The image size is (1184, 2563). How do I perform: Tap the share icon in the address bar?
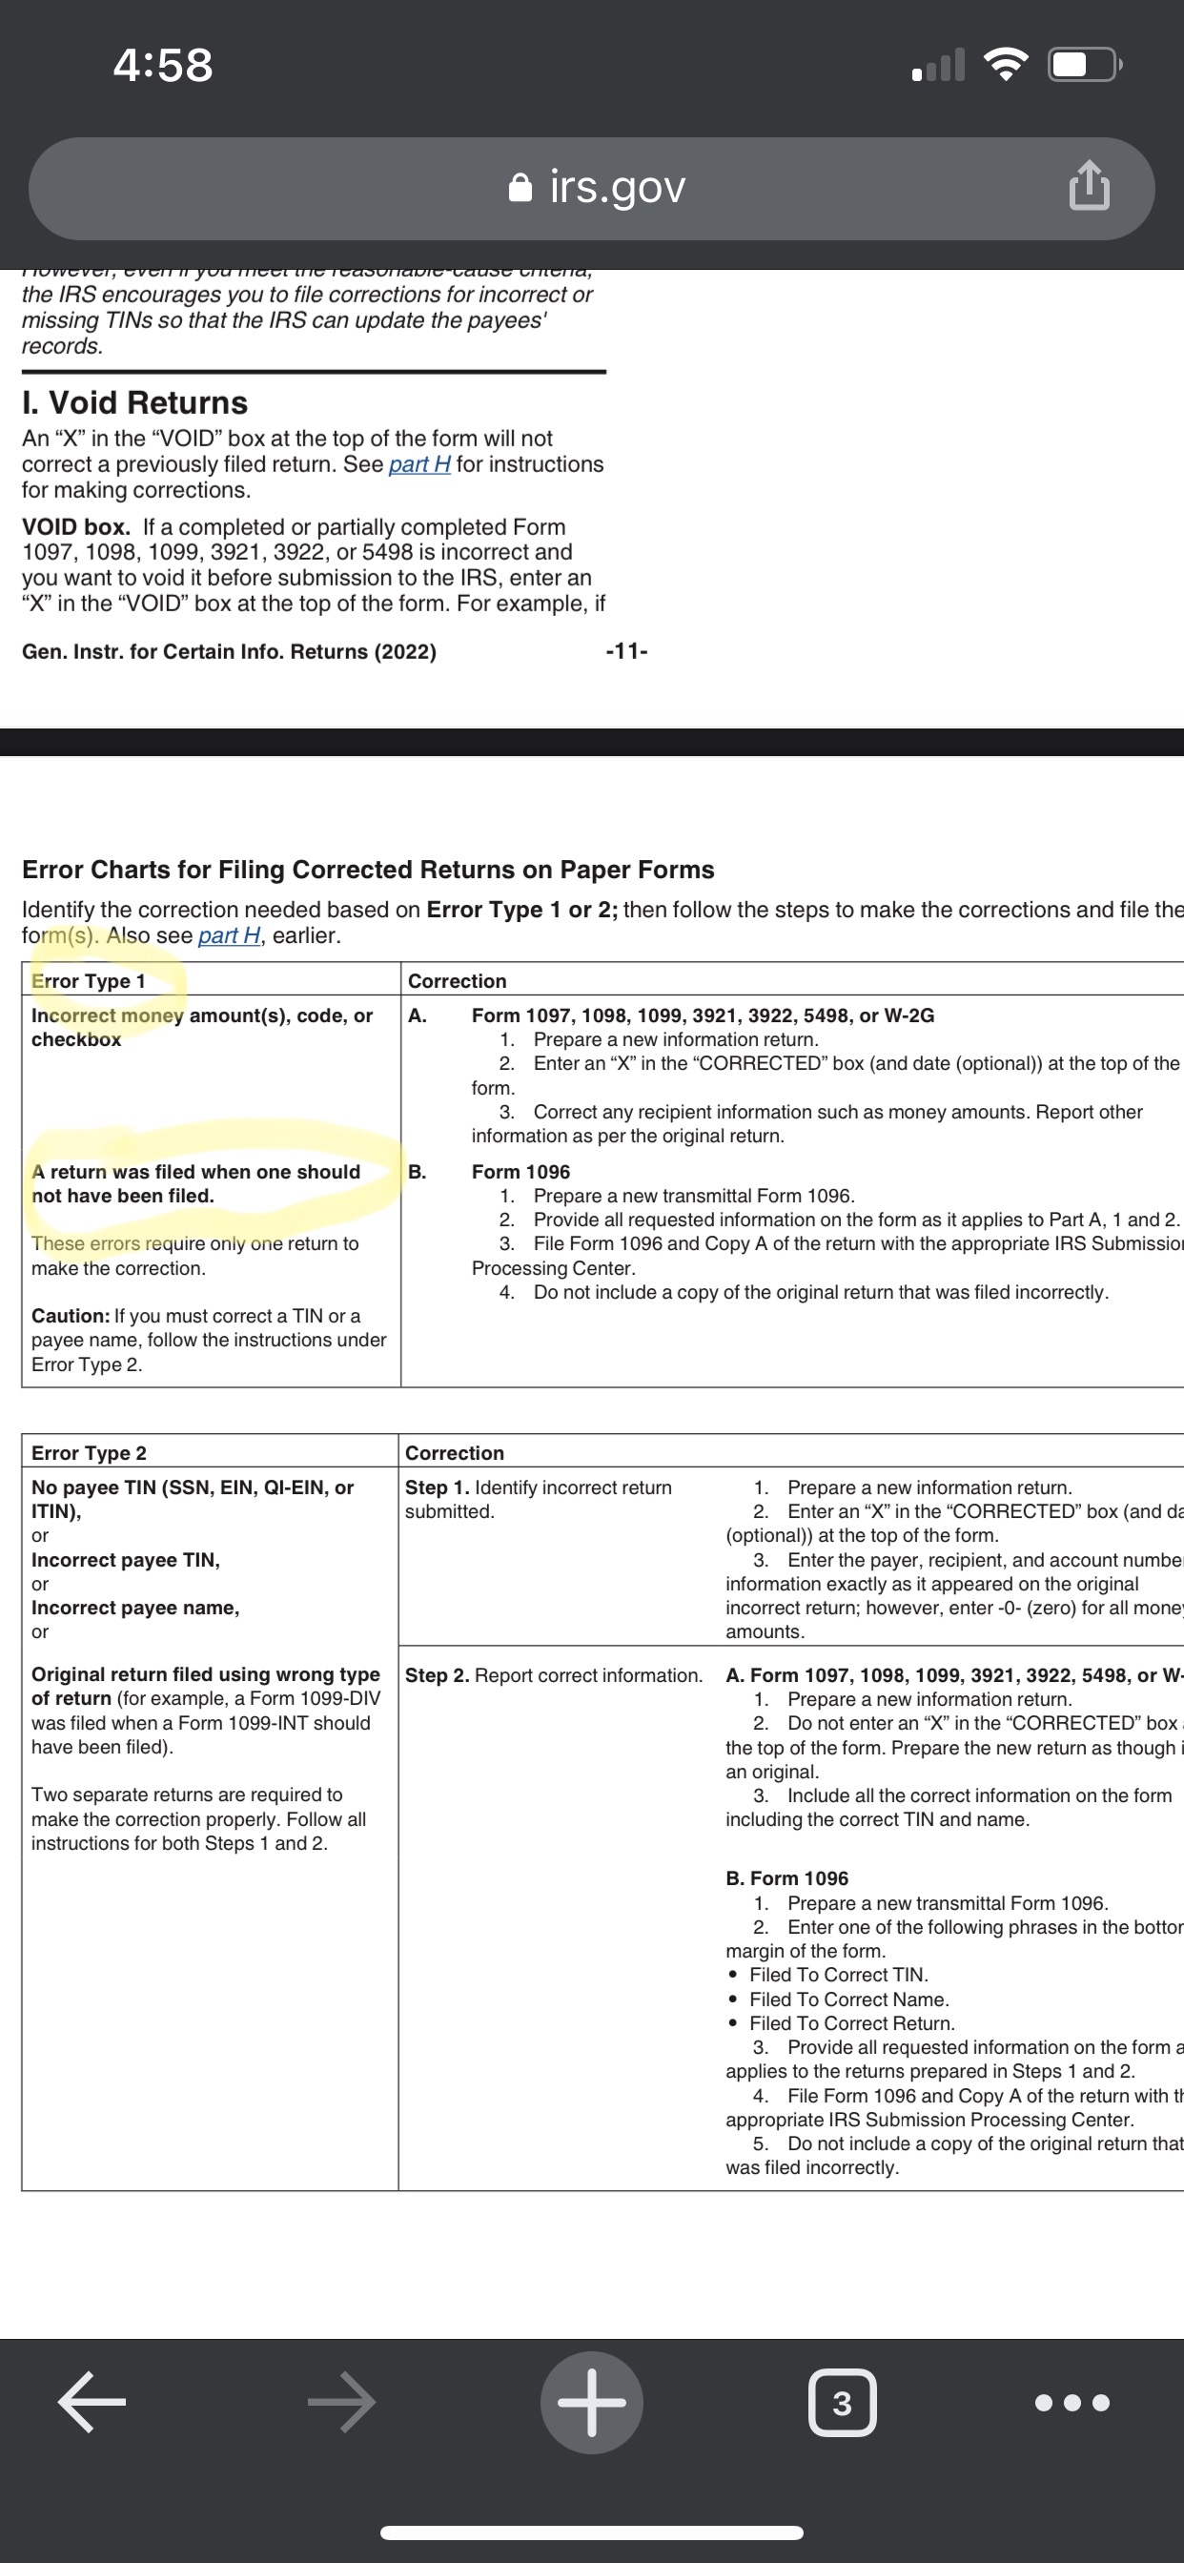1089,186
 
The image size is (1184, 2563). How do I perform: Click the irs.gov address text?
617,187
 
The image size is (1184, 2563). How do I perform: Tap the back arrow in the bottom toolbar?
92,2402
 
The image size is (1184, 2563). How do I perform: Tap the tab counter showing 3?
842,2403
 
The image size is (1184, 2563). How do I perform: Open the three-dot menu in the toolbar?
1072,2403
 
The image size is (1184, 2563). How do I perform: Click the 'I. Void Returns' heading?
134,403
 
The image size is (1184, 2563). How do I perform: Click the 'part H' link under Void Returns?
418,464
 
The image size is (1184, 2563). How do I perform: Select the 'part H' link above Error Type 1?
229,935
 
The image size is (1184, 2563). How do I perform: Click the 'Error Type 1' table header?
89,981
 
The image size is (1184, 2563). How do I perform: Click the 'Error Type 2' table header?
89,1452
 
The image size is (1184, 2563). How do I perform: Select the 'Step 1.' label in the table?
437,1487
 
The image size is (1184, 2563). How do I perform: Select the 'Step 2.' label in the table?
437,1675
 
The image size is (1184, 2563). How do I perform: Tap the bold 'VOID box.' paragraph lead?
75,527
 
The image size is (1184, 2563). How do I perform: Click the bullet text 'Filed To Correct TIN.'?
838,1975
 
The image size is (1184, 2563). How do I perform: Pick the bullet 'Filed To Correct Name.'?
848,1999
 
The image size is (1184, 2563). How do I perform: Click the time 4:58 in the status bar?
162,66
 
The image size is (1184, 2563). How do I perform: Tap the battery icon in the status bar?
1084,66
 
